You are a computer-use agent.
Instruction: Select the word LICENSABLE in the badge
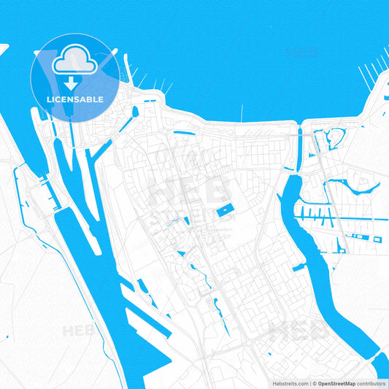tap(75, 99)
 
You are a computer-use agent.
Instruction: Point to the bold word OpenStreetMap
tap(336, 383)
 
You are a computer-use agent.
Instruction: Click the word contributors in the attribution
tap(371, 383)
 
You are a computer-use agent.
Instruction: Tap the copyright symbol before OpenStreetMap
tap(314, 383)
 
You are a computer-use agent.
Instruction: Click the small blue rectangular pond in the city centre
tap(225, 211)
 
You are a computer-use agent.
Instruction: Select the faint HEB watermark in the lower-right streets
tap(296, 331)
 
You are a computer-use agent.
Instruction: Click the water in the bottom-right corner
tap(381, 365)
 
